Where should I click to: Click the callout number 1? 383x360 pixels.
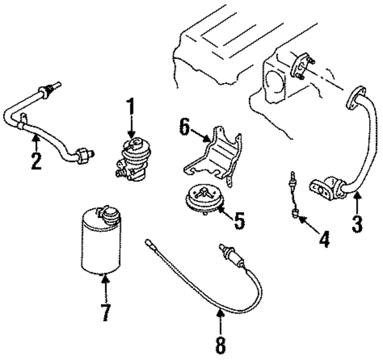coord(130,109)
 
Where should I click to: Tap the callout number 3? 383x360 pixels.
coord(357,224)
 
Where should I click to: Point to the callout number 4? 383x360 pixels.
coord(323,240)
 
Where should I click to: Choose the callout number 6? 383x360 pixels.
coord(184,127)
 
